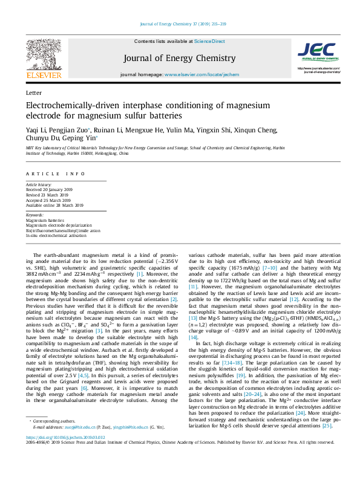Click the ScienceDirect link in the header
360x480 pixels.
pos(209,41)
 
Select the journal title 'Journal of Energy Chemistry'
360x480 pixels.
pos(179,58)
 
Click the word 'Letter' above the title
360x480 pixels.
pos(34,94)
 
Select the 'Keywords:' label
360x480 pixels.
pos(35,215)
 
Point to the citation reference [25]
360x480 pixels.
pos(327,426)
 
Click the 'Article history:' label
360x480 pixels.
pos(39,184)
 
